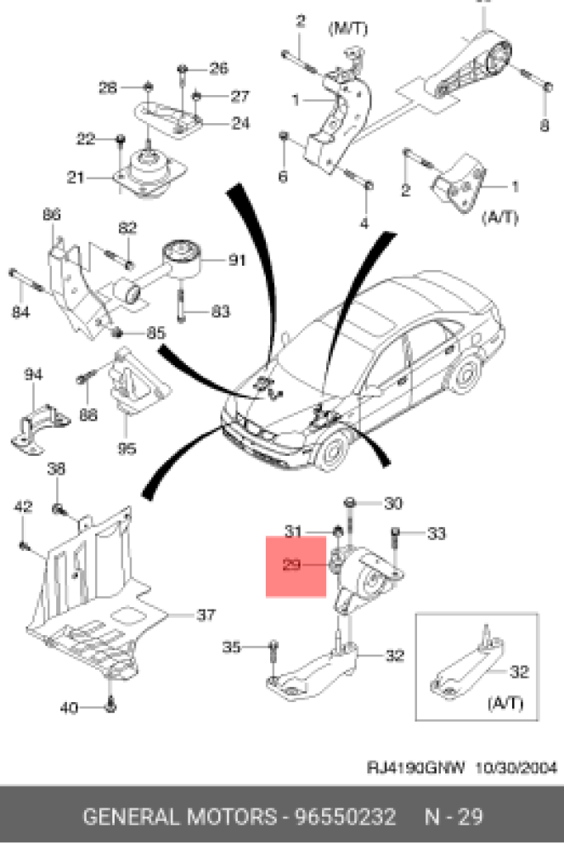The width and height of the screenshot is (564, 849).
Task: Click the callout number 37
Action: click(x=206, y=616)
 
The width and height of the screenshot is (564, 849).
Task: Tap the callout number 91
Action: click(x=236, y=261)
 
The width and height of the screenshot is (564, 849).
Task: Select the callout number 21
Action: click(x=76, y=177)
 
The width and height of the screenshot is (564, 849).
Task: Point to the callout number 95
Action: click(x=127, y=448)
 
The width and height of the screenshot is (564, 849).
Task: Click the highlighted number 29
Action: click(x=292, y=564)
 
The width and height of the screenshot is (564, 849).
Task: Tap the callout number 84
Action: click(x=20, y=312)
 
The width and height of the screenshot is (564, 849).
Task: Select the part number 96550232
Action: click(x=345, y=818)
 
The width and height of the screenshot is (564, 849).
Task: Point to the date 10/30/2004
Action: click(x=516, y=769)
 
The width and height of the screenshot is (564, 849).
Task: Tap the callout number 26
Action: click(x=218, y=68)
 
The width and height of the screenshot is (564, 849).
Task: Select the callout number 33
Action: click(x=436, y=534)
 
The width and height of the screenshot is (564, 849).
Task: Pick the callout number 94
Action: click(x=33, y=374)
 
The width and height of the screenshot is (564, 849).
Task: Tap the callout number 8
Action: click(x=544, y=126)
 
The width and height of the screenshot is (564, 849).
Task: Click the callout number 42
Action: click(x=23, y=507)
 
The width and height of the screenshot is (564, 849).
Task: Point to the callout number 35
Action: click(x=232, y=648)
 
